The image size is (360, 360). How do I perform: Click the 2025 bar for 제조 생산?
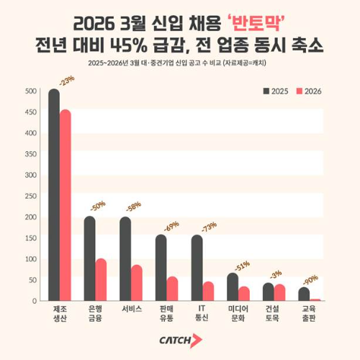(x=54, y=194)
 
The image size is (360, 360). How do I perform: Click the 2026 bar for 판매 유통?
(x=172, y=288)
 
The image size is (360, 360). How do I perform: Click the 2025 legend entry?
(x=278, y=91)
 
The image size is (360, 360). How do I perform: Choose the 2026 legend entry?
(x=310, y=91)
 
